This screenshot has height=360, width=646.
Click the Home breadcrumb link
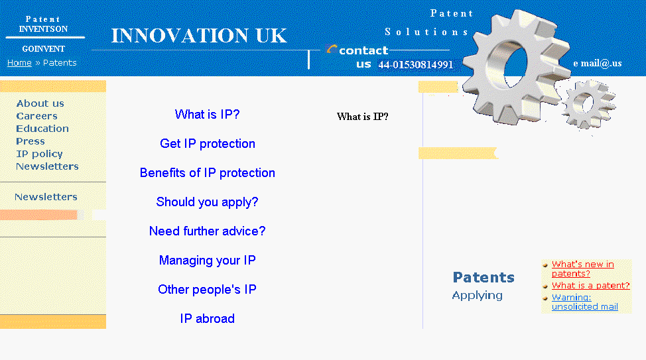click(19, 63)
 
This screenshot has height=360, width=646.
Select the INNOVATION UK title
click(199, 36)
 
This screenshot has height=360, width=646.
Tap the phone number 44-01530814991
click(416, 65)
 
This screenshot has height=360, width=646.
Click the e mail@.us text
click(597, 64)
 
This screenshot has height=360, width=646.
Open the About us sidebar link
click(40, 103)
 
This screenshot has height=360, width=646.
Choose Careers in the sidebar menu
click(36, 116)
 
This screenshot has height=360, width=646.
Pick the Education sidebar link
click(42, 129)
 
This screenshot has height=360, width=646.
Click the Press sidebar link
click(31, 141)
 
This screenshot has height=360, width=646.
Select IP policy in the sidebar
click(39, 154)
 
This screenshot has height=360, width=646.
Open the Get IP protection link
click(208, 144)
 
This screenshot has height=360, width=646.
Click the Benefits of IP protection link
click(208, 173)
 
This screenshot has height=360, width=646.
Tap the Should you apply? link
click(208, 202)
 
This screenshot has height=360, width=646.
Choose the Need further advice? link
click(208, 231)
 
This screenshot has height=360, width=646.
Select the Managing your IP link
click(208, 261)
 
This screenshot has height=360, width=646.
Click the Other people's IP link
click(208, 290)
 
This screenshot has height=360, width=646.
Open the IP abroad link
click(208, 319)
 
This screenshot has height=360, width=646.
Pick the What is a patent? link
click(590, 286)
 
